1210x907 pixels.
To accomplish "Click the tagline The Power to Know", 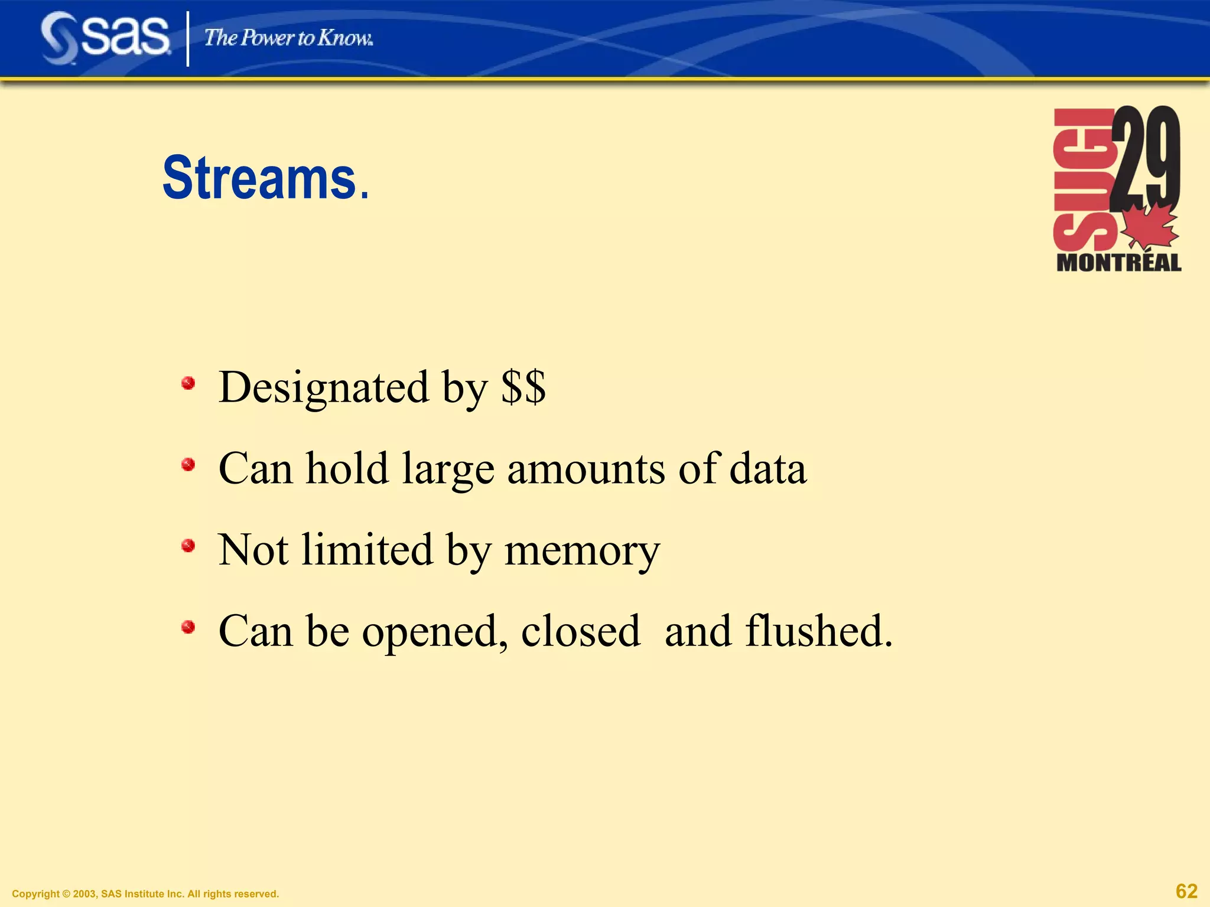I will tap(288, 38).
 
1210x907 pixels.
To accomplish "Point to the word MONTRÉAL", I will tap(1118, 263).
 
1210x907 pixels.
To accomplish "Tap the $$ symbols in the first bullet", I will tap(523, 387).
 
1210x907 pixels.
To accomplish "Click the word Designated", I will tap(324, 387).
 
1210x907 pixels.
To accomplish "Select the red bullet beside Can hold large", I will tap(188, 465).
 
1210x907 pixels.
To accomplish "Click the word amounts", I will tap(586, 469).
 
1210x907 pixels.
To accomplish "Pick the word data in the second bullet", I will tap(767, 469).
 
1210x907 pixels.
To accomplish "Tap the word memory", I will tap(582, 552).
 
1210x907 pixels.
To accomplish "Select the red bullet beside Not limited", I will tap(188, 546).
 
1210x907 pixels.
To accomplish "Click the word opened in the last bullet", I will tap(435, 632).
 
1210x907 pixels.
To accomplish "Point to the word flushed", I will tap(818, 631).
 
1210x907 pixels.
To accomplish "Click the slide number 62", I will tap(1186, 890).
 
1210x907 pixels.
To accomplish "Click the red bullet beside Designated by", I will tap(188, 384).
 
